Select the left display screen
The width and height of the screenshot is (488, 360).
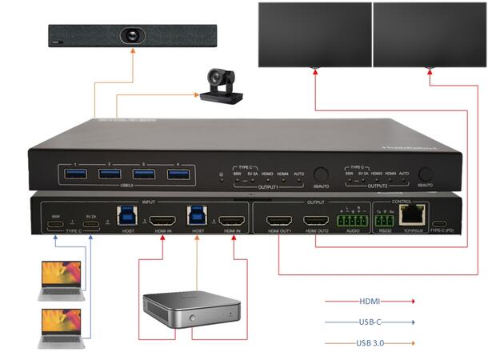pyautogui.click(x=314, y=34)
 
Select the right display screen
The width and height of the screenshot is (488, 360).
pyautogui.click(x=428, y=34)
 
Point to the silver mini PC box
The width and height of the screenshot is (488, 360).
pyautogui.click(x=192, y=311)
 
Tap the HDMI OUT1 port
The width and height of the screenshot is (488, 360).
pyautogui.click(x=280, y=219)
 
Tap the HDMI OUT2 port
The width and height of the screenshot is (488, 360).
pyautogui.click(x=316, y=219)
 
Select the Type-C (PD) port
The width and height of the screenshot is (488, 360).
pyautogui.click(x=440, y=224)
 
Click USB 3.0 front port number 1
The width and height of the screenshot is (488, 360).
pyautogui.click(x=74, y=174)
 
